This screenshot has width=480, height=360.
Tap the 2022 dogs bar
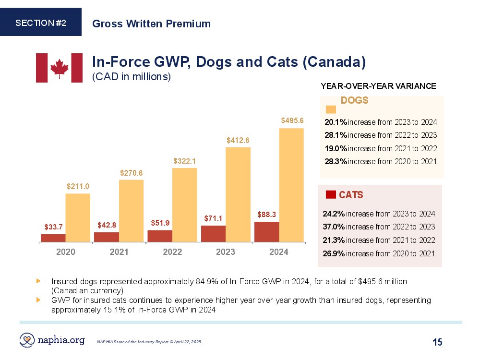pyautogui.click(x=184, y=204)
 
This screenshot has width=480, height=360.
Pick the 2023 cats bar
pyautogui.click(x=213, y=233)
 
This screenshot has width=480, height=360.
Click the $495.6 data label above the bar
pyautogui.click(x=292, y=120)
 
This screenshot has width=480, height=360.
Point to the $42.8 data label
pyautogui.click(x=107, y=225)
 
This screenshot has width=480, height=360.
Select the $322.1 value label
pyautogui.click(x=185, y=160)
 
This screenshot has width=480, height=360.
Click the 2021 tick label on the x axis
pyautogui.click(x=119, y=252)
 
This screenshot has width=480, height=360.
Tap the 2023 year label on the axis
pyautogui.click(x=226, y=252)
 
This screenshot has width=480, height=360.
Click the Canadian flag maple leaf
pyautogui.click(x=60, y=68)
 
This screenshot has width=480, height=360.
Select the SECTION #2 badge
pyautogui.click(x=41, y=23)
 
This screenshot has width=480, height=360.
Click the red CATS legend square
pyautogui.click(x=330, y=194)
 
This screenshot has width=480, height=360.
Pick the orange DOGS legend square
pyautogui.click(x=331, y=109)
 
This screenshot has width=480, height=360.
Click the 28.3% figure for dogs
pyautogui.click(x=336, y=161)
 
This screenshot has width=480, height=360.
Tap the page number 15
pyautogui.click(x=437, y=342)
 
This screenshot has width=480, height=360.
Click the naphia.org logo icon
pyautogui.click(x=27, y=340)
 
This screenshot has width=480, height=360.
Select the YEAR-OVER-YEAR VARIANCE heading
pyautogui.click(x=378, y=86)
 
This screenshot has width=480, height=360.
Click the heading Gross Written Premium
pyautogui.click(x=151, y=24)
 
